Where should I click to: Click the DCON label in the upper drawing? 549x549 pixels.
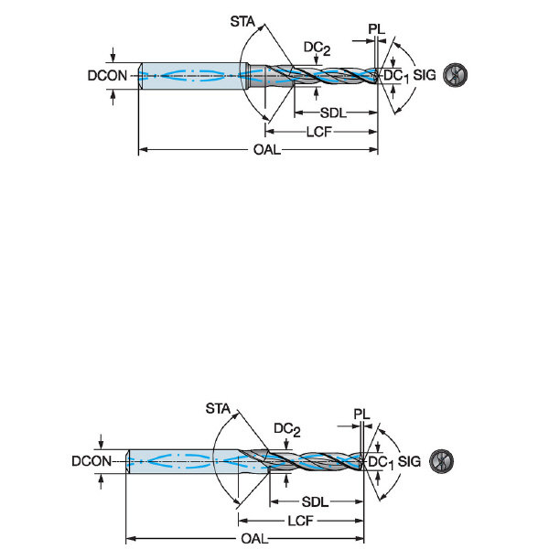(x=107, y=76)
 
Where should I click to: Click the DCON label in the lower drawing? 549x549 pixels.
(x=91, y=462)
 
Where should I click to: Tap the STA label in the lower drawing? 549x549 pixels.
(x=221, y=407)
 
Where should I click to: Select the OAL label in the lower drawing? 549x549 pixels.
(x=254, y=537)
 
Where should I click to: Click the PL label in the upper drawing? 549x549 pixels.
(x=376, y=29)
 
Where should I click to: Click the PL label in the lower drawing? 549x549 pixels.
(x=362, y=415)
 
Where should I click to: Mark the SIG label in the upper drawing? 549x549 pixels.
(x=424, y=76)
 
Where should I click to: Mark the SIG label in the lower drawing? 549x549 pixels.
(x=409, y=461)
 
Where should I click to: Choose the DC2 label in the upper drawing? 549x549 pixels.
(x=316, y=48)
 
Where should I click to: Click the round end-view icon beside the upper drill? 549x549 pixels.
(x=453, y=75)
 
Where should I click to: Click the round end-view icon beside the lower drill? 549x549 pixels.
(x=439, y=461)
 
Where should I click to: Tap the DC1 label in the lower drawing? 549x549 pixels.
(x=379, y=463)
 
